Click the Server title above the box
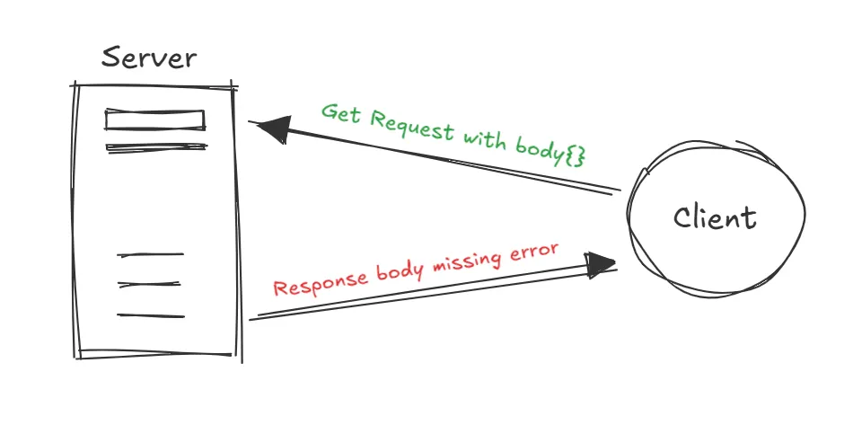(148, 58)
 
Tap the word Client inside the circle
(715, 217)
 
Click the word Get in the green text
(342, 114)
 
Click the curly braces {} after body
(576, 155)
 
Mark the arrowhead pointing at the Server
(271, 130)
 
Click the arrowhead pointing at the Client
(601, 262)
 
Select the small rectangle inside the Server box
(155, 120)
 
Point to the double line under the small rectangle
(156, 147)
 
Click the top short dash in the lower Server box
(150, 255)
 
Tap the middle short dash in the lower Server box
(150, 285)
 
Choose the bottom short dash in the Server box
(150, 315)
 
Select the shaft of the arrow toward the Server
(449, 162)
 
